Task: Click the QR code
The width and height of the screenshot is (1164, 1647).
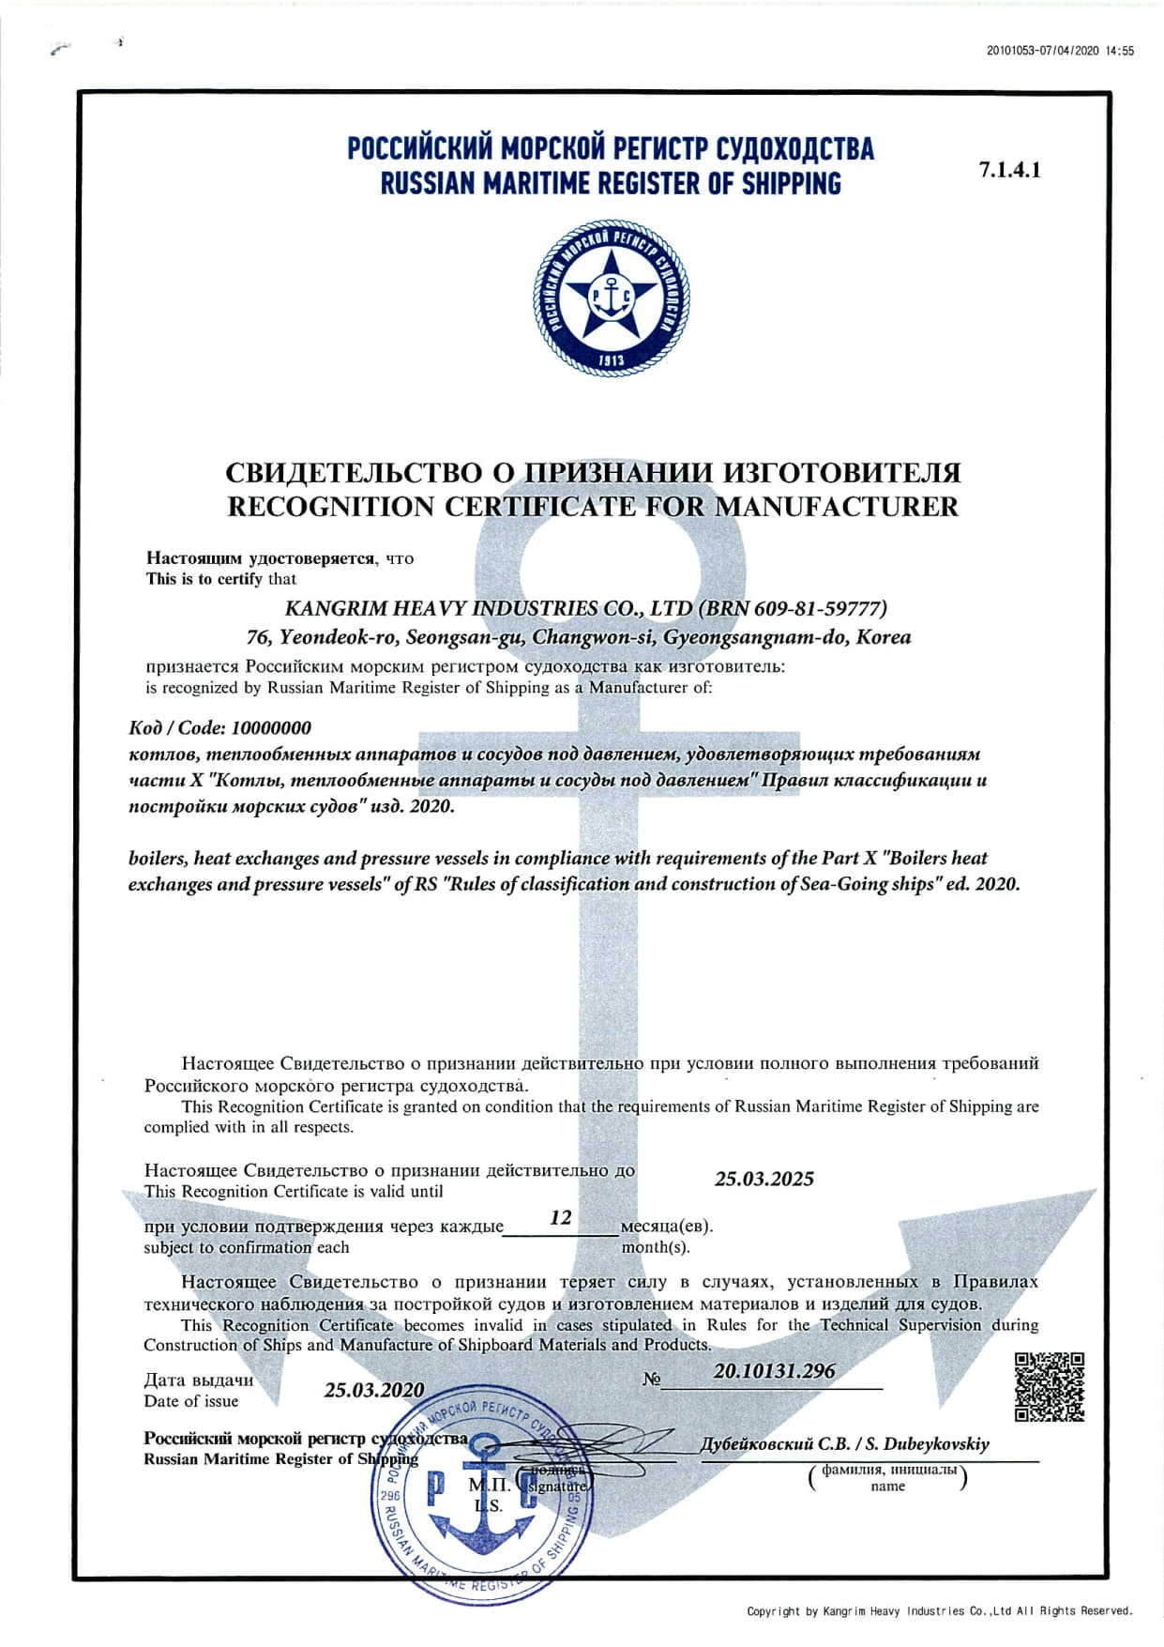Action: (x=1050, y=1386)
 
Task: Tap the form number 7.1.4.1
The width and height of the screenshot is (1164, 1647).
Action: (x=1009, y=170)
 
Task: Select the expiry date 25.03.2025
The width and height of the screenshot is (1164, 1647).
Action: (x=763, y=1179)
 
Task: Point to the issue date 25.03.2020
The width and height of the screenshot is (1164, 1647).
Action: (x=373, y=1390)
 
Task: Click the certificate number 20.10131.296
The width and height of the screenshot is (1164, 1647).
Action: (x=774, y=1370)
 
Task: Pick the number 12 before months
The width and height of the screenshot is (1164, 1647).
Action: (x=560, y=1217)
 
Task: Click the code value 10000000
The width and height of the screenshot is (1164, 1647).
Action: (x=271, y=727)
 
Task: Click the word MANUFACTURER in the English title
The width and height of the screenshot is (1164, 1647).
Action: (x=837, y=507)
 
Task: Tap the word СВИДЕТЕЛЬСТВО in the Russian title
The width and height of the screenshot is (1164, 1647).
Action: (x=354, y=472)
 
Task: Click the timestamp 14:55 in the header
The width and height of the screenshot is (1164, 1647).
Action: (x=1120, y=52)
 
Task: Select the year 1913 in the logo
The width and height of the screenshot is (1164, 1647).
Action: (x=612, y=360)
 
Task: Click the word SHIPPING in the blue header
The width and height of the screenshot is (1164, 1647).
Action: (x=791, y=184)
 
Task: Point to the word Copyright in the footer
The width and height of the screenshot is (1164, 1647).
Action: (x=774, y=1611)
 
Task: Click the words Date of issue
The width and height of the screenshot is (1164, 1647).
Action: (x=191, y=1401)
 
